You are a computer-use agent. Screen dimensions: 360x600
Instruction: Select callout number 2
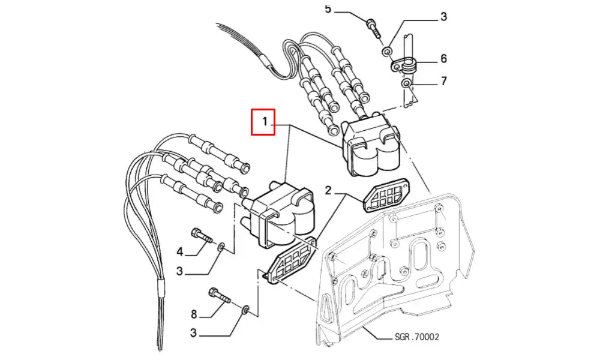point(328,191)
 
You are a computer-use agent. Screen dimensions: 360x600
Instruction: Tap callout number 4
point(179,251)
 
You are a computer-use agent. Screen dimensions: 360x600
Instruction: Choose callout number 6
point(443,58)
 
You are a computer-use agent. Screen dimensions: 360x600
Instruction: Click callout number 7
point(443,80)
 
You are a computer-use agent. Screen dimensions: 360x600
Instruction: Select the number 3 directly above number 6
point(443,17)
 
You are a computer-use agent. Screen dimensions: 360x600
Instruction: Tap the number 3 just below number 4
point(179,271)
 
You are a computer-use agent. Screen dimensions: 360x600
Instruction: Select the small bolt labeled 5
point(373,26)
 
